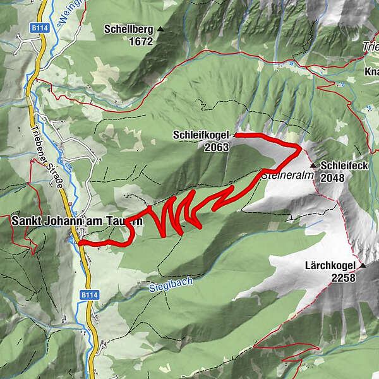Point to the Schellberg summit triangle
[160, 29]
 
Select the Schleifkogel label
[200, 135]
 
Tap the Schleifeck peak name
[345, 165]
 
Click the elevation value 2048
[332, 178]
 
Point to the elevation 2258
[342, 277]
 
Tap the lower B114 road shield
[87, 295]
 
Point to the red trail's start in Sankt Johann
[80, 243]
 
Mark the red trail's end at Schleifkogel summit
[236, 135]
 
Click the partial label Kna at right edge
[371, 72]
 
